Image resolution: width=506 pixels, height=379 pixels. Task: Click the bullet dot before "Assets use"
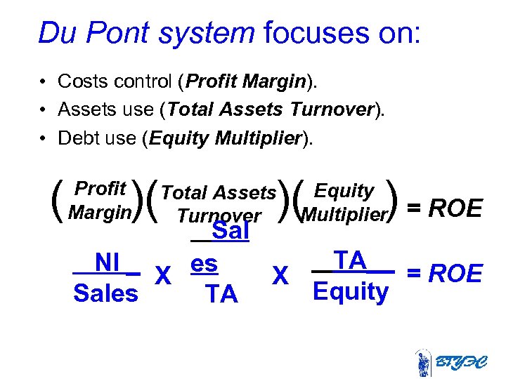[x=44, y=109]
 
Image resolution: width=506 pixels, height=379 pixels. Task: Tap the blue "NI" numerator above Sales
[x=107, y=262]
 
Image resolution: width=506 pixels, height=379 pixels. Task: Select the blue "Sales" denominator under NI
[x=105, y=293]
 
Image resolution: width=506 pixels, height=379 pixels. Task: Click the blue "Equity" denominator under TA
[x=350, y=291]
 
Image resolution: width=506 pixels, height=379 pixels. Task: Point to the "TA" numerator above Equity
[x=350, y=260]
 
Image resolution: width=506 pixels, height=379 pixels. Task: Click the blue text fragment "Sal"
[x=231, y=231]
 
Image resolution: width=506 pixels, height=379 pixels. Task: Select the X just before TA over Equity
[x=280, y=276]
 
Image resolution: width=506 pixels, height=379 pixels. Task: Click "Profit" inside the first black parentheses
[x=100, y=189]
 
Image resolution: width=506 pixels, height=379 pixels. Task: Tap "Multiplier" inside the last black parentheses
[x=344, y=215]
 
